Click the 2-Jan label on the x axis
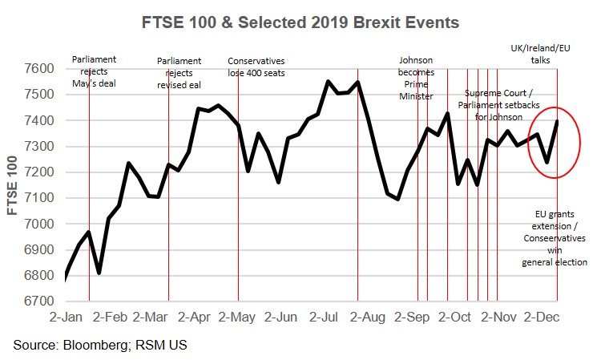pyautogui.click(x=67, y=318)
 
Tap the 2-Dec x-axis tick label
pyautogui.click(x=541, y=318)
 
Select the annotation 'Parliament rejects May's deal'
pyautogui.click(x=95, y=71)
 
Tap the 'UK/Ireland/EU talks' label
pyautogui.click(x=548, y=54)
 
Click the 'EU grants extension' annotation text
pyautogui.click(x=555, y=237)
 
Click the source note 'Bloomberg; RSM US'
pyautogui.click(x=100, y=345)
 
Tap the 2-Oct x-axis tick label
pyautogui.click(x=455, y=318)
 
